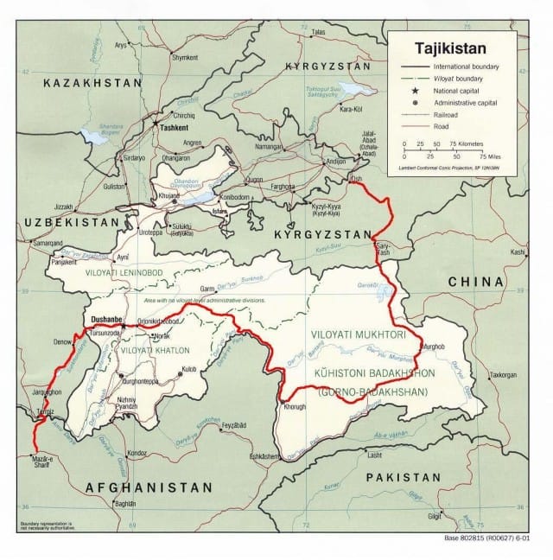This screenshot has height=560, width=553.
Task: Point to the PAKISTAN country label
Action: (x=403, y=477)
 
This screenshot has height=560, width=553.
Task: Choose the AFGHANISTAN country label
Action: (x=149, y=488)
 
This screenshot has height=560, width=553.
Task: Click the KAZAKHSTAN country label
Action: (x=92, y=82)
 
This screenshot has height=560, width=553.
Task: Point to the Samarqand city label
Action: (x=44, y=243)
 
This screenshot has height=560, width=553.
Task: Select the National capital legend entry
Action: (x=457, y=90)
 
